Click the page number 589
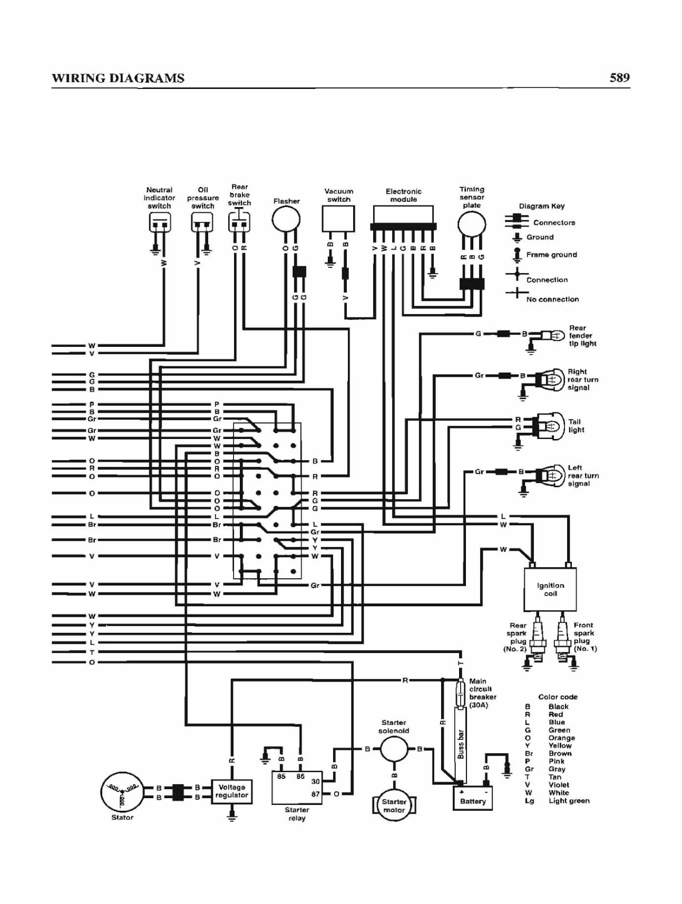(x=620, y=78)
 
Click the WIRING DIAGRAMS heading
(x=118, y=78)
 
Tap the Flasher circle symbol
(x=286, y=219)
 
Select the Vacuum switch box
(x=338, y=219)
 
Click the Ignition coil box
(x=550, y=589)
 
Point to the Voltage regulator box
(x=231, y=791)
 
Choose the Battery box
(x=473, y=798)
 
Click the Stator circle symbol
(x=122, y=792)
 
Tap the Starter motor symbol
(x=394, y=805)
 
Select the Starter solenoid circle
(x=394, y=749)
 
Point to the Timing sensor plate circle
(x=471, y=225)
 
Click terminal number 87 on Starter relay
(x=315, y=794)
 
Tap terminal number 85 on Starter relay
(x=281, y=776)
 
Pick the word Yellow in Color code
(x=560, y=745)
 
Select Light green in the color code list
(x=569, y=801)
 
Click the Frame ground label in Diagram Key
(x=551, y=255)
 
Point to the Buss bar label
(x=461, y=744)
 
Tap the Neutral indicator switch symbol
(x=159, y=222)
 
